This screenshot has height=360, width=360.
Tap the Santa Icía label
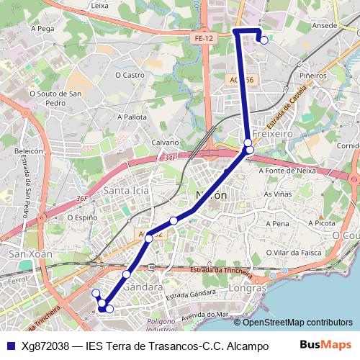pos(126,191)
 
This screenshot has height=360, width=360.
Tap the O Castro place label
pos(129,74)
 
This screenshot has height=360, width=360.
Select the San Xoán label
pos(26,253)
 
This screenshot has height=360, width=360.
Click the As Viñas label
pos(277,194)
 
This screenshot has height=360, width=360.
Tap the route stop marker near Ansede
pos(264,40)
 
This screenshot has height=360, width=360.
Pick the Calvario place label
pos(165,143)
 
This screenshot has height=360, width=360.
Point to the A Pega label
pos(43,29)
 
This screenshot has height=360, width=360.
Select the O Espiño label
pos(82,217)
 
